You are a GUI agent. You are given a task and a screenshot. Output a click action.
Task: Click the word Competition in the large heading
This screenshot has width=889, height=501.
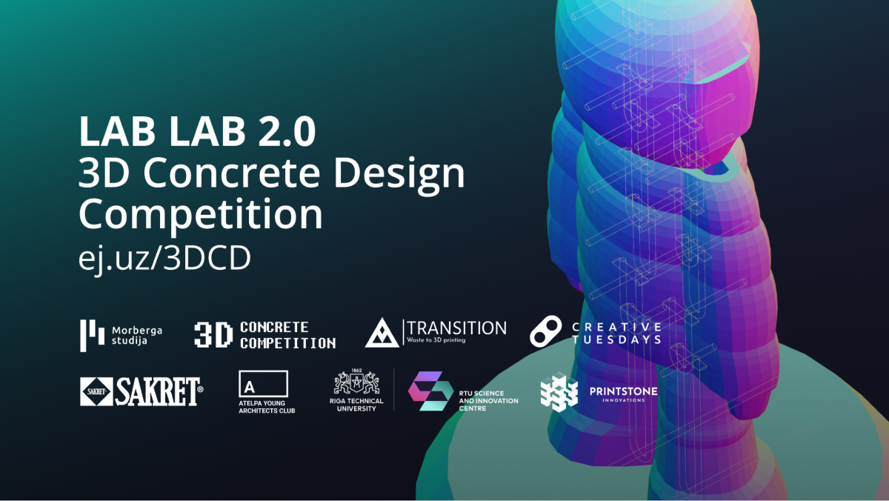coord(201,214)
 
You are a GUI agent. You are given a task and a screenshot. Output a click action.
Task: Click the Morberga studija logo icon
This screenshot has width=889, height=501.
coord(91,335)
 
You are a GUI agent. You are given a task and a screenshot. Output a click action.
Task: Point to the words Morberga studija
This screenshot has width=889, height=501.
coord(136,335)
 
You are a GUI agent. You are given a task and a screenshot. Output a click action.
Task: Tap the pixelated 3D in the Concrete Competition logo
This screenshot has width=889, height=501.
coord(213,335)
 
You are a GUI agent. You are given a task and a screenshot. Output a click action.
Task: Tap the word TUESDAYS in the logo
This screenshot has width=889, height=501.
coord(616,339)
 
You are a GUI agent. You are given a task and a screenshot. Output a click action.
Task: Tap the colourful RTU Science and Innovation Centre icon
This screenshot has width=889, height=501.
coord(430,391)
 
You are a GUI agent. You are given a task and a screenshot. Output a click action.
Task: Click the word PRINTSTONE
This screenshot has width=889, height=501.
coord(622,391)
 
